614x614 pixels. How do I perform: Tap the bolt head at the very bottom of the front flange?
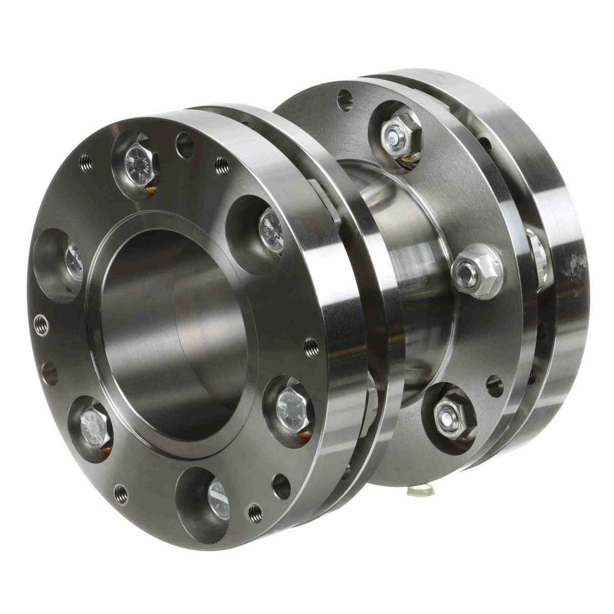click(x=217, y=495)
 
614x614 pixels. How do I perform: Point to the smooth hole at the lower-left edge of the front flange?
click(x=50, y=374)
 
